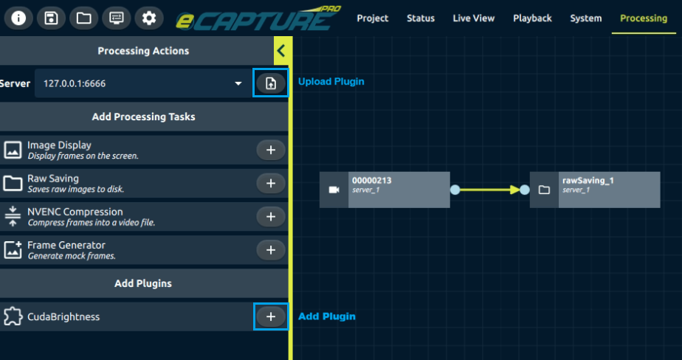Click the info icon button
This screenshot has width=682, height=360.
pos(18,18)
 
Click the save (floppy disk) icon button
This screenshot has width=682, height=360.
pos(51,18)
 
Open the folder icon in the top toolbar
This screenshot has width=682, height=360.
pos(83,18)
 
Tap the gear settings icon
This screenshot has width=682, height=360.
pos(148,18)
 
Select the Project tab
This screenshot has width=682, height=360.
pos(373,18)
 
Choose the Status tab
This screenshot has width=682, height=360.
pos(421,18)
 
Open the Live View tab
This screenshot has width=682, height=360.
pos(474,18)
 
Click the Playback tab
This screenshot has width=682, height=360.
pos(532,18)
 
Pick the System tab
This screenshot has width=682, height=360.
pos(586,18)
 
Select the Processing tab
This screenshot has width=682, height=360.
pos(644,18)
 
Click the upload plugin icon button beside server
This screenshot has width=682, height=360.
pos(271,83)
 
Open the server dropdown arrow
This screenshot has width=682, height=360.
pos(238,83)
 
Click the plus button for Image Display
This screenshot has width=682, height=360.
pos(271,150)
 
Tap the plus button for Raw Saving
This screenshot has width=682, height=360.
pos(271,183)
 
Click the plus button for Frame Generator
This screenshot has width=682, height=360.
pos(271,250)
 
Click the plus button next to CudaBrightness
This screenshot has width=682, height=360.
pos(271,316)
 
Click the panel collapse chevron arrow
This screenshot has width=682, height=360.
pos(280,51)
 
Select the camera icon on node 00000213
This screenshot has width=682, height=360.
pos(334,190)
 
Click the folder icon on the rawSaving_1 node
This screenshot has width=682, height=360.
pos(544,190)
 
